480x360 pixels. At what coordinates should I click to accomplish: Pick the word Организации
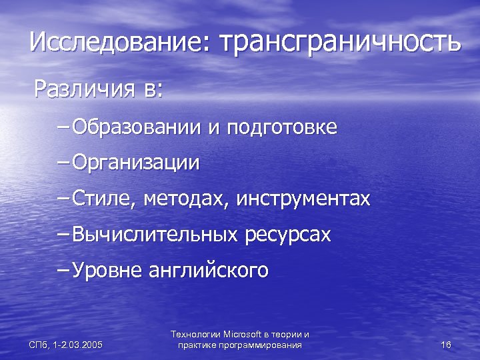point(135,163)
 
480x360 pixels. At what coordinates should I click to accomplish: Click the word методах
point(185,199)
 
